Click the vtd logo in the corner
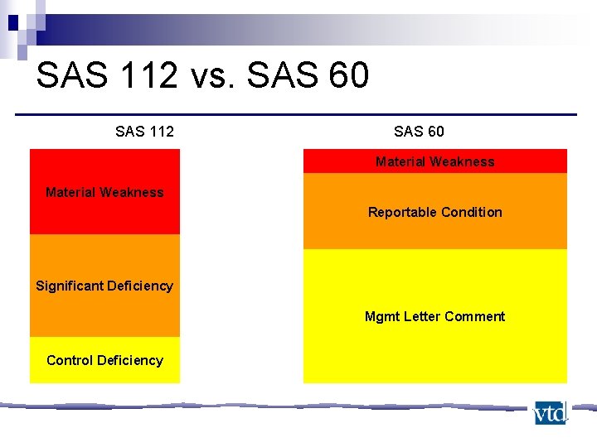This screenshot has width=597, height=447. (x=550, y=412)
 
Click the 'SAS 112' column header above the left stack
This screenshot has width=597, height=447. (x=144, y=131)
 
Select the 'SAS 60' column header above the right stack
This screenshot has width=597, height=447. (x=419, y=131)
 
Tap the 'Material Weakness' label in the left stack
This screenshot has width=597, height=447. (x=104, y=192)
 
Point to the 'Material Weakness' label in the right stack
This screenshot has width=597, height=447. (x=434, y=161)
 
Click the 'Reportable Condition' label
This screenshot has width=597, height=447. (x=434, y=212)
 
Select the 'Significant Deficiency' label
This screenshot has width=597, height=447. (x=104, y=286)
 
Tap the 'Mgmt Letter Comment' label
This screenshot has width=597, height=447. (x=434, y=316)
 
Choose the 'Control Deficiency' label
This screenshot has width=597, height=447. (x=104, y=360)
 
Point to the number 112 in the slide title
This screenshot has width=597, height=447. (x=146, y=76)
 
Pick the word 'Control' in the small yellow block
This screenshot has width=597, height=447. (x=70, y=360)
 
